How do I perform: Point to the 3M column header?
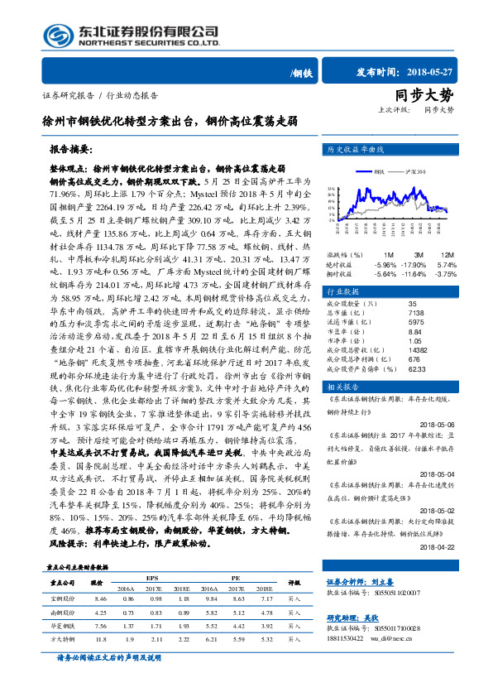click(x=419, y=254)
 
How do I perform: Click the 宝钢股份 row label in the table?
click(x=63, y=598)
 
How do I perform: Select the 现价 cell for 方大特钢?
click(x=101, y=639)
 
